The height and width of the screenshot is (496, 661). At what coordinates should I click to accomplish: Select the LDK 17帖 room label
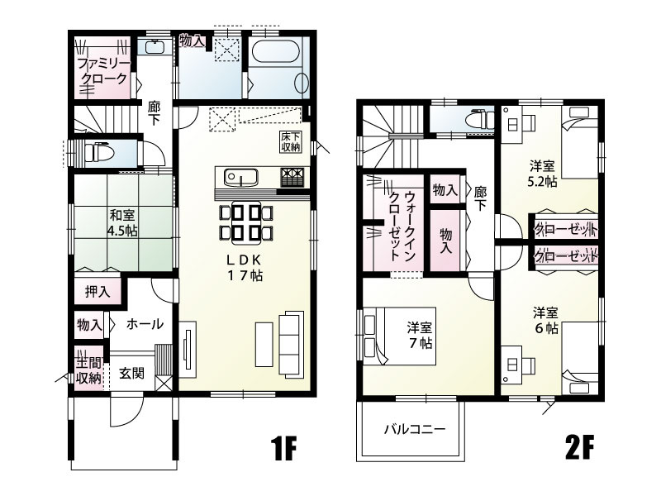(245, 267)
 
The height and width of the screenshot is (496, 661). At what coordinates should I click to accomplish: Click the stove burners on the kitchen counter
(292, 176)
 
